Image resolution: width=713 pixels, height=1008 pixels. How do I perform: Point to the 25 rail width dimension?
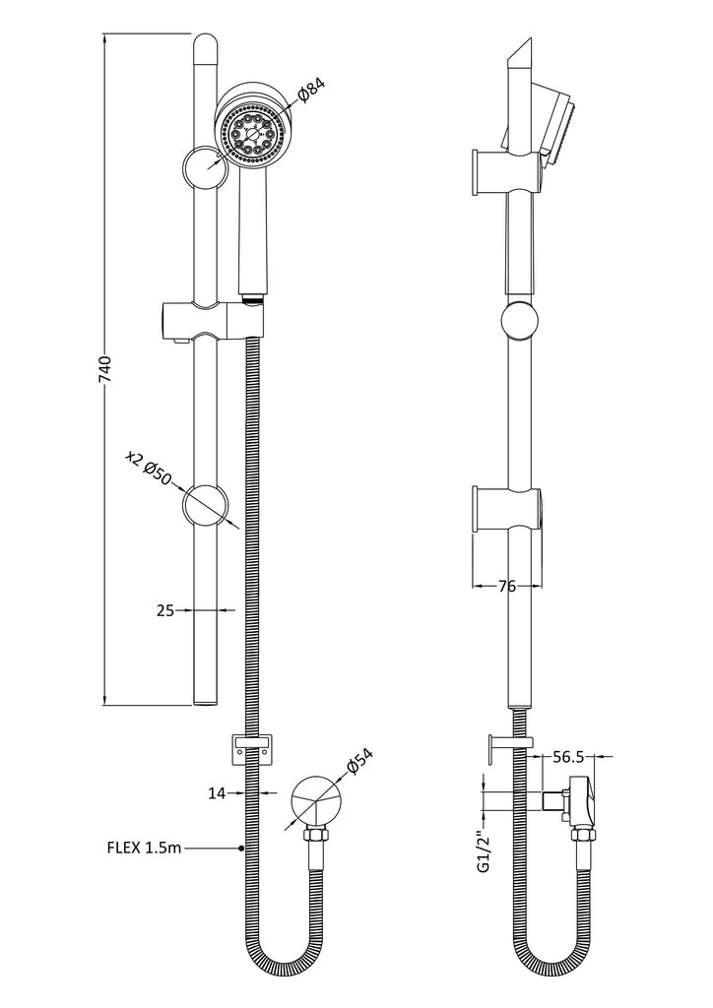point(164,611)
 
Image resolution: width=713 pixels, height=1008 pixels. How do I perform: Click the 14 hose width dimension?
point(219,790)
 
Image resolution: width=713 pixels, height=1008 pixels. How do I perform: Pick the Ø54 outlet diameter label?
point(359,767)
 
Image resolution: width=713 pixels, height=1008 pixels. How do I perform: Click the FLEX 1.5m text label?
point(145,847)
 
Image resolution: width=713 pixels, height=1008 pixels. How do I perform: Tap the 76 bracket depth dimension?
point(506,587)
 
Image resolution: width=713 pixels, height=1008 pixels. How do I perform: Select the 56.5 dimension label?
point(568,757)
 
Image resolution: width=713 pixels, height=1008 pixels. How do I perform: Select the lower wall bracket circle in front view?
point(207,506)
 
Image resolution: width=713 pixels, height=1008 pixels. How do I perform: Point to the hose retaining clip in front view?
point(251,747)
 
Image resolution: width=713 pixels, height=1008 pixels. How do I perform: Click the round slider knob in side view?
point(520,322)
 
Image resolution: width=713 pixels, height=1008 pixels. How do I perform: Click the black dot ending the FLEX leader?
point(242,847)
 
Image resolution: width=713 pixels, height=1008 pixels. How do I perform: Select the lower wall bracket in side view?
point(506,509)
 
